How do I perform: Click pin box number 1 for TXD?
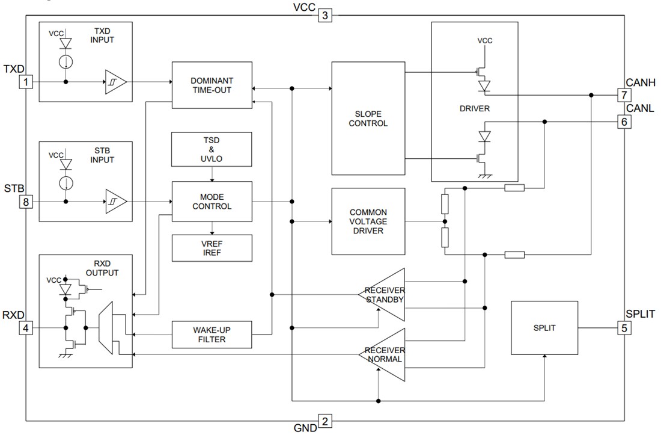(x=26, y=82)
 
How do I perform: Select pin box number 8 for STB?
(x=26, y=202)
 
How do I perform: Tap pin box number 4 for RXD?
(x=26, y=328)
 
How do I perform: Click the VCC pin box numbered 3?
(x=324, y=15)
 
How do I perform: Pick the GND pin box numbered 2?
(x=324, y=421)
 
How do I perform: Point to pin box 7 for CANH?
(x=624, y=95)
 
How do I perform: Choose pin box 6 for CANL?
(x=624, y=122)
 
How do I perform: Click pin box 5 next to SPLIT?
(x=624, y=328)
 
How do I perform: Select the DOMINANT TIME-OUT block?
(x=212, y=85)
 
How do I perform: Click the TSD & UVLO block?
(x=212, y=149)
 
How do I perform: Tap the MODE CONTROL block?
(x=212, y=202)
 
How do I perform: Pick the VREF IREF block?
(x=212, y=247)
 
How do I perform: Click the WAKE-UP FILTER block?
(x=212, y=335)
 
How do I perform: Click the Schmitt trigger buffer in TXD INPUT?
(x=116, y=82)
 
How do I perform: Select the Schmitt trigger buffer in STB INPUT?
(x=116, y=202)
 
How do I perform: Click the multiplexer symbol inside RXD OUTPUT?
(x=106, y=328)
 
